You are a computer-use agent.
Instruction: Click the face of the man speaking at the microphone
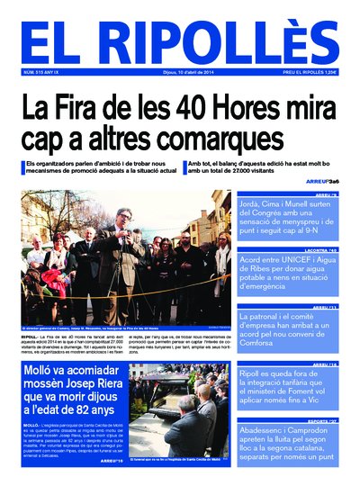(122, 217)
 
